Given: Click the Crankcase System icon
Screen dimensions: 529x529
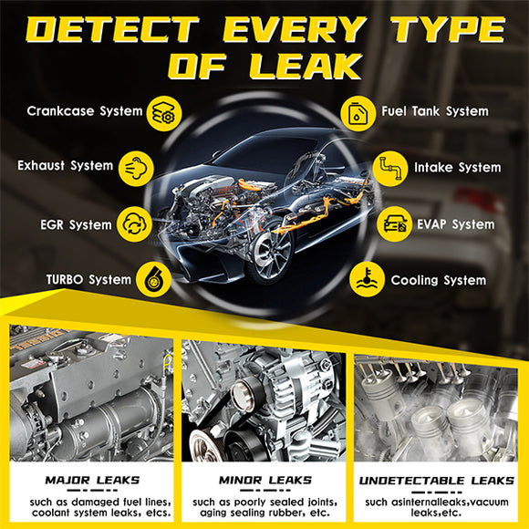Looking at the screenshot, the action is click(164, 113).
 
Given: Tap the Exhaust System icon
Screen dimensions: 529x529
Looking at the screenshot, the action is click(136, 169).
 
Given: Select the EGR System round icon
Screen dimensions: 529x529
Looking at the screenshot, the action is click(135, 224).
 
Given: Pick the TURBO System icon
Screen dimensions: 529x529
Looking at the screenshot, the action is click(153, 279).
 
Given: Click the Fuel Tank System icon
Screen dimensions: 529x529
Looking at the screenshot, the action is click(358, 113).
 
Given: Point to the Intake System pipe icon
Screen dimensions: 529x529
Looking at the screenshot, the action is click(390, 169).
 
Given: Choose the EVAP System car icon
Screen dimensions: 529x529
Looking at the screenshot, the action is click(394, 224).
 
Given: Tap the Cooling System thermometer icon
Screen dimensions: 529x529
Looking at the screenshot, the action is click(367, 279).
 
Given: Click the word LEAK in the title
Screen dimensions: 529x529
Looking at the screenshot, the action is click(306, 67).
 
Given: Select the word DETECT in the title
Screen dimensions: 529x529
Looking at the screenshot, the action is click(113, 29).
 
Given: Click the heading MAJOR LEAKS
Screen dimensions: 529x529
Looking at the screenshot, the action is click(92, 480).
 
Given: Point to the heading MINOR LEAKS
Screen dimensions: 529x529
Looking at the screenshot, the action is click(265, 480).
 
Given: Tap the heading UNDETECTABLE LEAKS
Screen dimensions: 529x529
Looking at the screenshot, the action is click(437, 481).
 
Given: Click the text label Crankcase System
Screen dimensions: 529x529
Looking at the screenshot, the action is click(85, 111).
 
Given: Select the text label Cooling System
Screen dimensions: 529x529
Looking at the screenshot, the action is click(439, 280).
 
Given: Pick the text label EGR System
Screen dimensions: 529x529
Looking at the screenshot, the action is click(76, 224).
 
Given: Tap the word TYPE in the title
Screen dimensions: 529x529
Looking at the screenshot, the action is click(449, 29).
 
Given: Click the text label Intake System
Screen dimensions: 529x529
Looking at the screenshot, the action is click(458, 167).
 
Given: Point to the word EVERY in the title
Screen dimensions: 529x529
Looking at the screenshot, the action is click(295, 29).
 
